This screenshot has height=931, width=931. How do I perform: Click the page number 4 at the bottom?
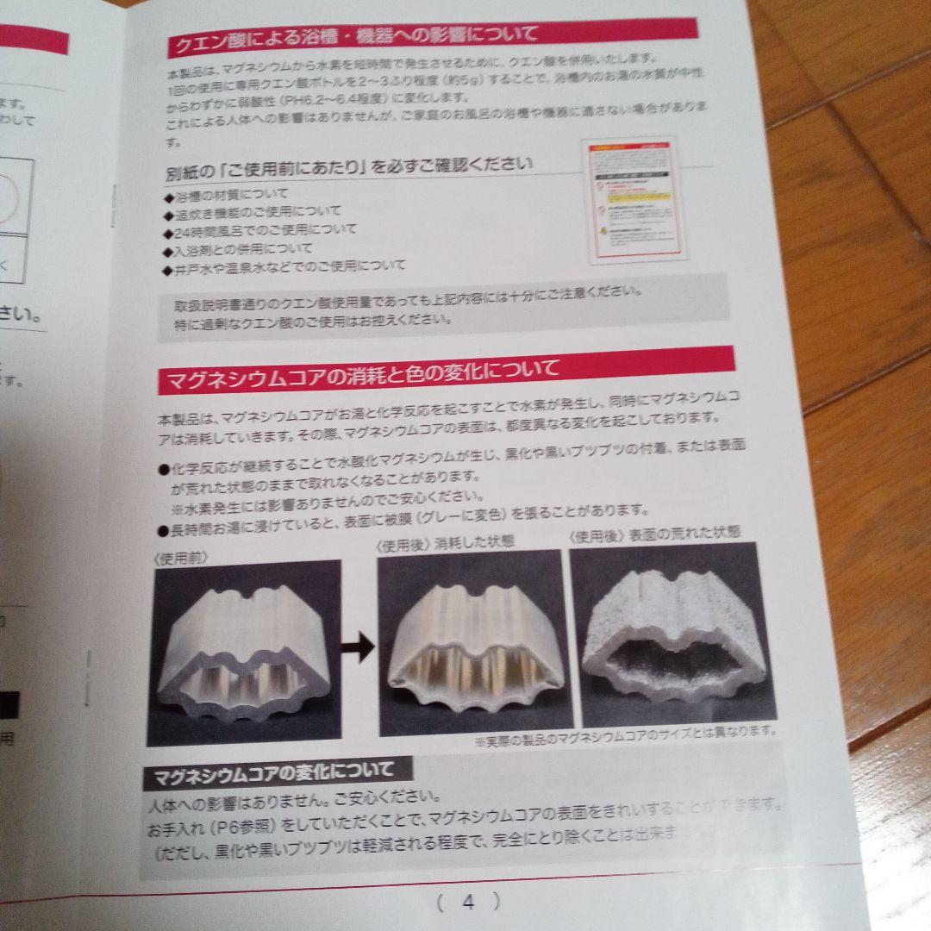tap(467, 903)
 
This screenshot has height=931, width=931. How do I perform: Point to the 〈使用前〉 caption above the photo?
tap(181, 558)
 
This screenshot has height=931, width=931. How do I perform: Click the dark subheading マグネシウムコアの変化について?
tap(273, 772)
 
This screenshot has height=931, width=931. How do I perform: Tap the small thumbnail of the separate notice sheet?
tap(636, 203)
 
